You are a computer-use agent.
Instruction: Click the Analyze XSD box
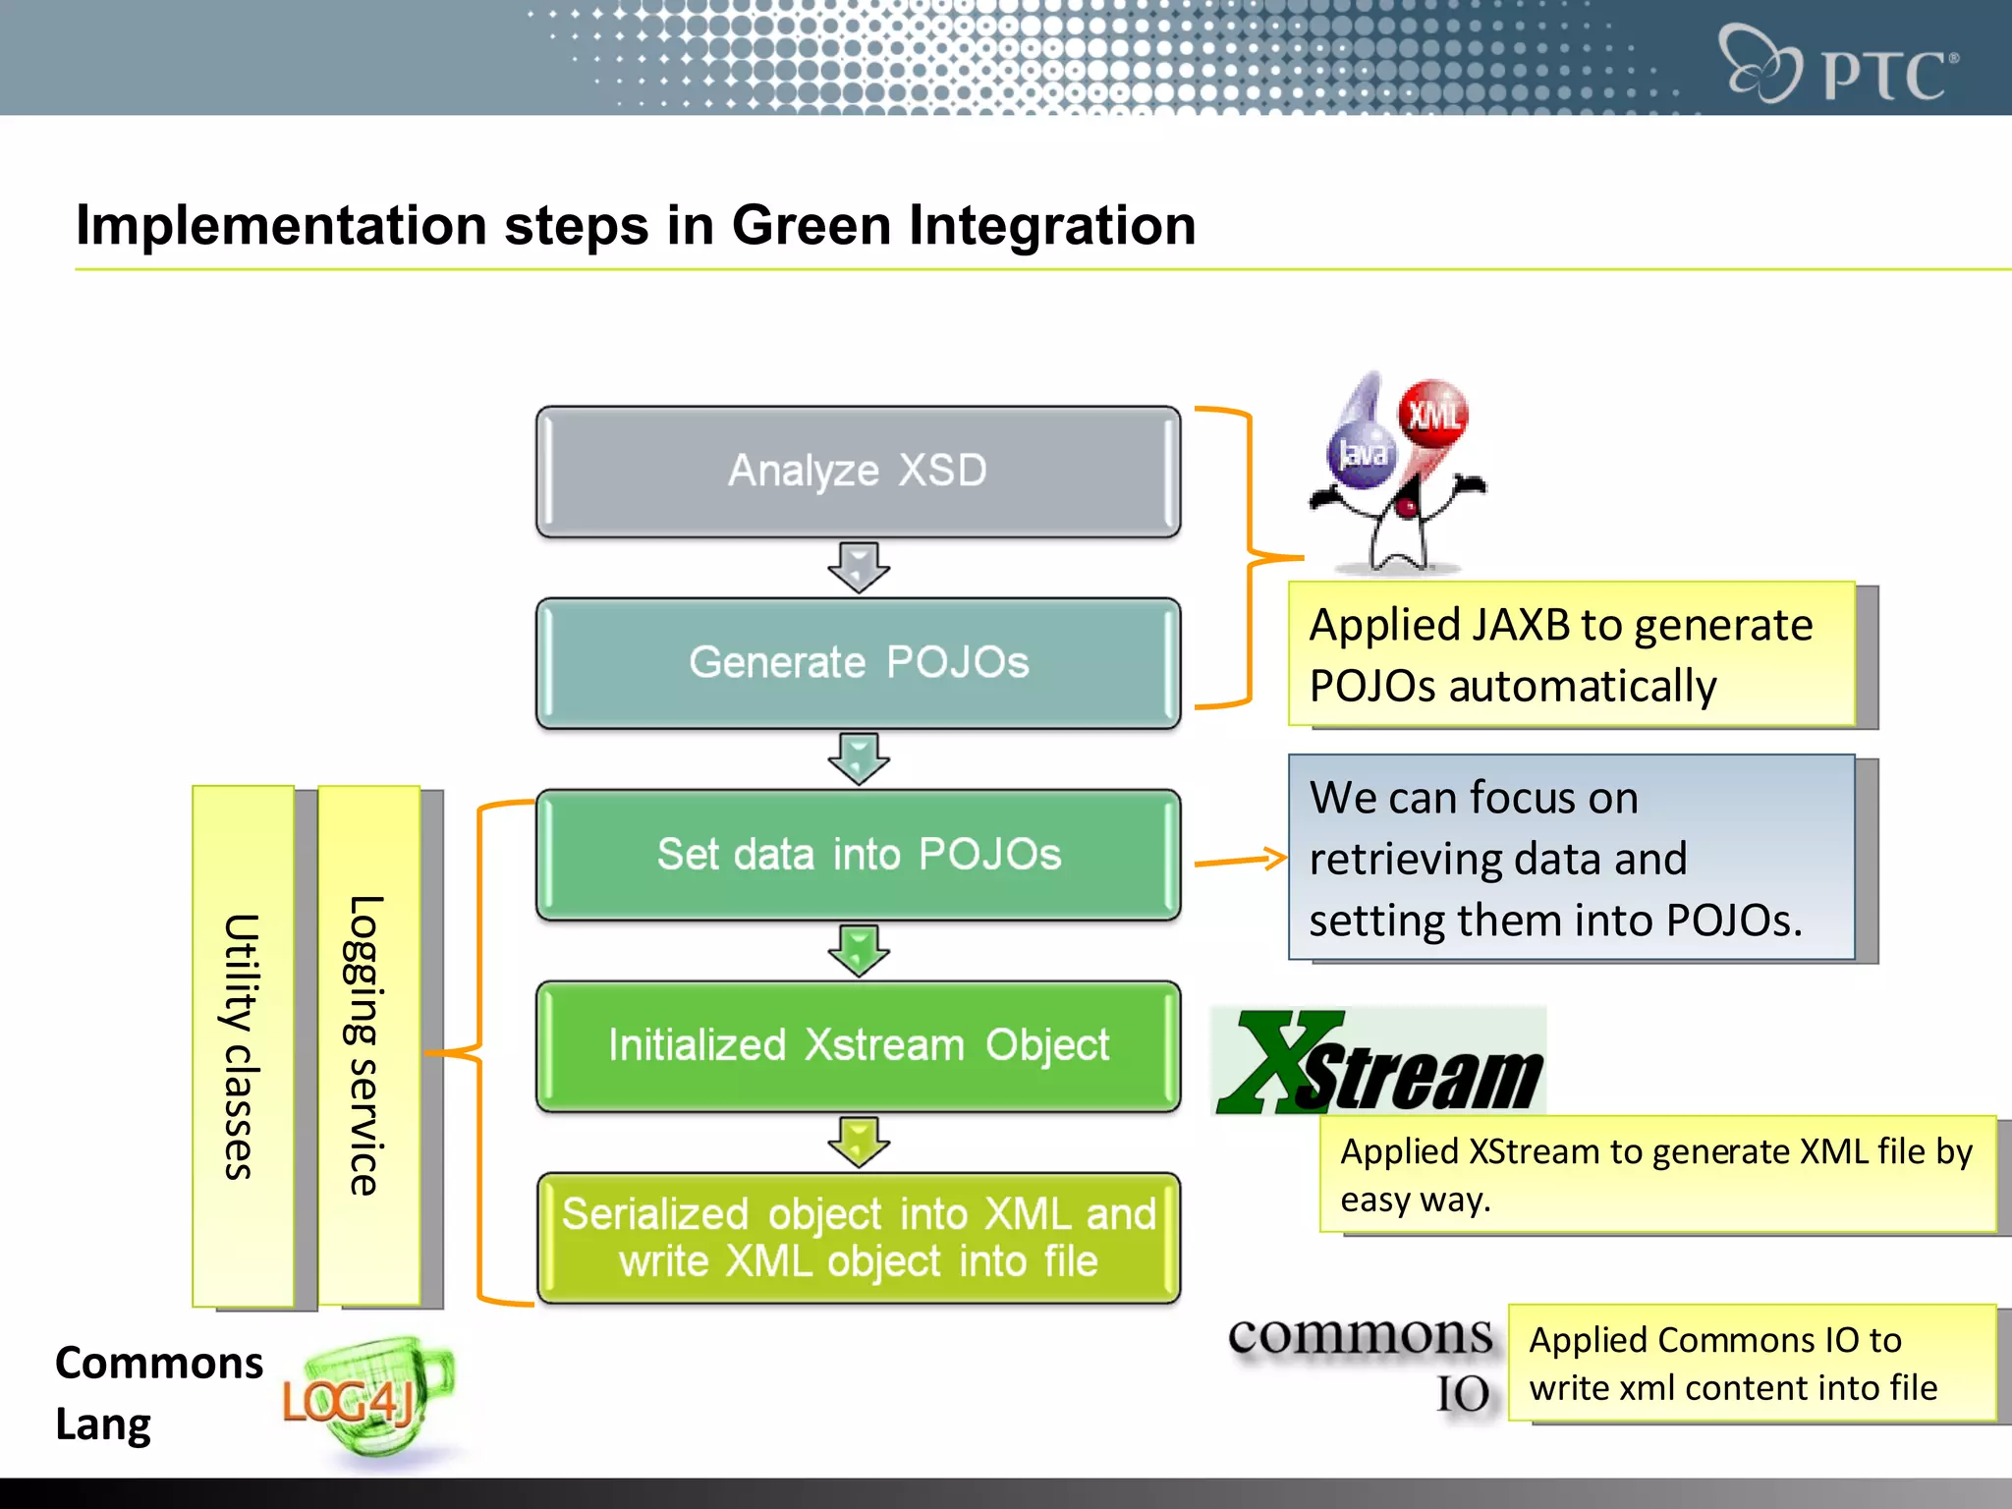click(858, 471)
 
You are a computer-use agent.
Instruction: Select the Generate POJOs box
click(858, 662)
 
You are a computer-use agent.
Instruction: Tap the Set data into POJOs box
click(858, 854)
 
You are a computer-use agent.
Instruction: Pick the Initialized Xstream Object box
click(858, 1045)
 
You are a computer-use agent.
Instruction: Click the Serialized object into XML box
click(858, 1238)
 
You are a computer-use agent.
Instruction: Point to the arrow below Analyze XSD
click(859, 567)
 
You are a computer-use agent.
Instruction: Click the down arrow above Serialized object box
click(859, 1142)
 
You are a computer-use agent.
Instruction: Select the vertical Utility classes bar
click(243, 1045)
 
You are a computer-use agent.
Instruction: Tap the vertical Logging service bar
click(368, 1045)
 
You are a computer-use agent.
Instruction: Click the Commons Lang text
click(157, 1393)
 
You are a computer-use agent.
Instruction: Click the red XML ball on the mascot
click(1433, 415)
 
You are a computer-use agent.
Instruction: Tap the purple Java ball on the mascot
click(1362, 453)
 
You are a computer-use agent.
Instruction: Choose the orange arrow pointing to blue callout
click(1240, 861)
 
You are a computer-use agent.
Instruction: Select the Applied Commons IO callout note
click(1752, 1364)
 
